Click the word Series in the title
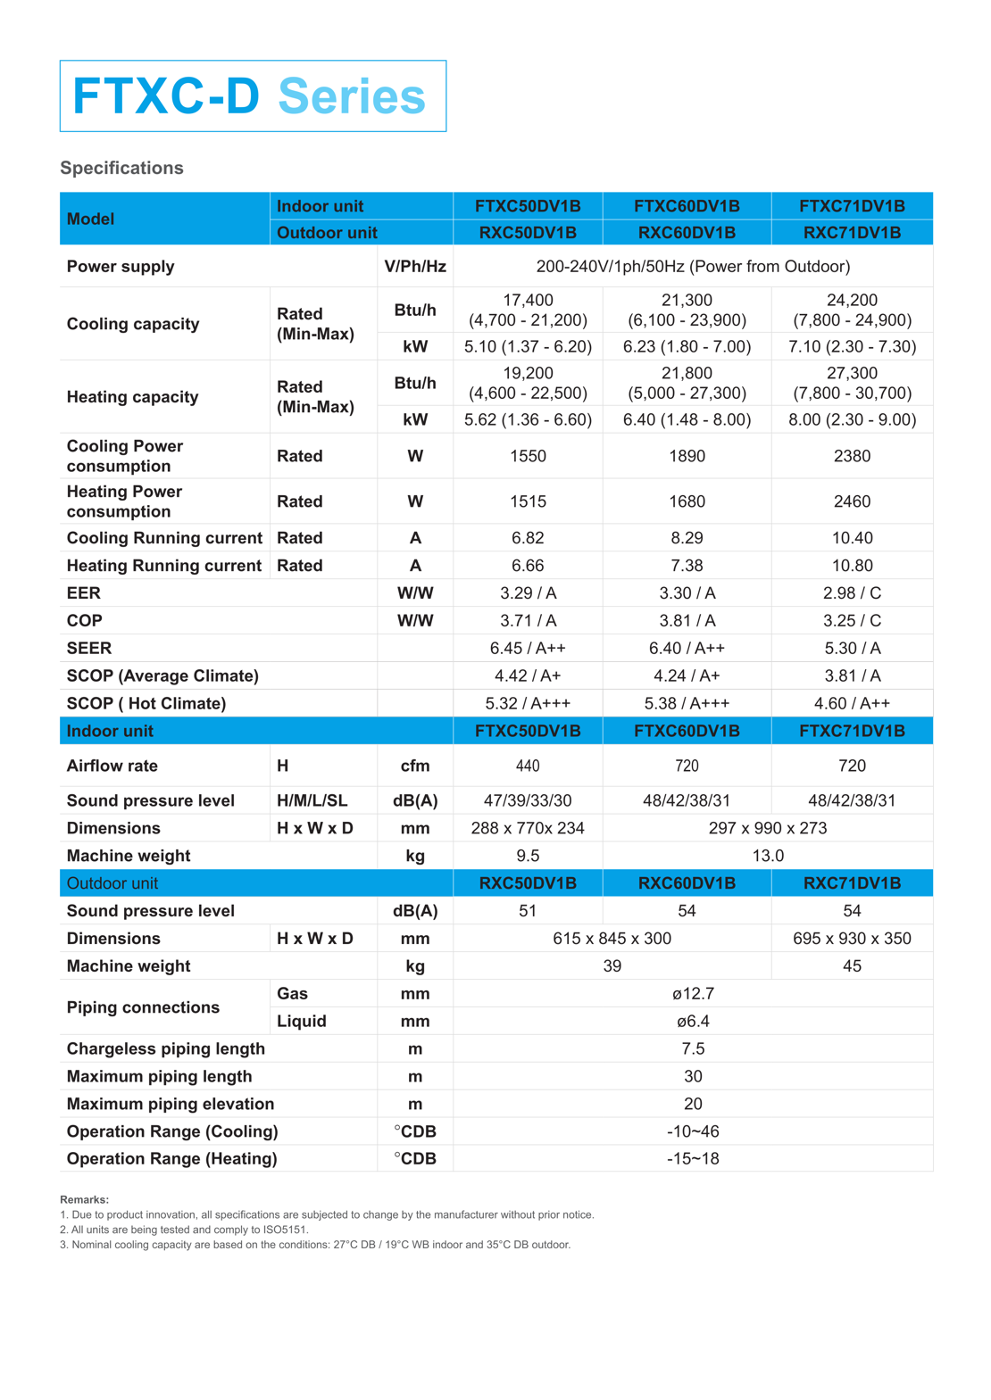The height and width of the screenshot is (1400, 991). point(352,96)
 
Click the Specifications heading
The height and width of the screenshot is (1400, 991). point(121,168)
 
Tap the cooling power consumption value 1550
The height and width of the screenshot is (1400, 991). point(528,456)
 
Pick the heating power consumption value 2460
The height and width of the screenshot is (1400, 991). point(852,501)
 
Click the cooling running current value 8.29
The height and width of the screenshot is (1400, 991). point(687,538)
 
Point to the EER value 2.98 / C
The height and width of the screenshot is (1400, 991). point(852,593)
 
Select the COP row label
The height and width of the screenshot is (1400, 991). point(85,620)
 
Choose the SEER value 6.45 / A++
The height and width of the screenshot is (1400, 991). point(528,648)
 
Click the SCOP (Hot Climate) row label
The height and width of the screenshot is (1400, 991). point(146,703)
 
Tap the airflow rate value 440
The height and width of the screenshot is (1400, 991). point(528,766)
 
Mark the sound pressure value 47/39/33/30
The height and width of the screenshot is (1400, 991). point(528,800)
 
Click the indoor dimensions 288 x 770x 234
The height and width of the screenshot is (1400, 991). point(528,828)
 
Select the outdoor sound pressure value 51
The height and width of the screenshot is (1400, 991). point(528,910)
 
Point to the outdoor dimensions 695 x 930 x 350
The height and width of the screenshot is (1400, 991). point(852,938)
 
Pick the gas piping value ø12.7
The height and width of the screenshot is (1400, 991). point(693,993)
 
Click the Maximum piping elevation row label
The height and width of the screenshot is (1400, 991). point(171,1104)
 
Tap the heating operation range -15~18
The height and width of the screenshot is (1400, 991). point(693,1158)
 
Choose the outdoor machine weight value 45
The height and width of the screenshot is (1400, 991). point(852,965)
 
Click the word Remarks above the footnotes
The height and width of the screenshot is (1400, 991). point(84,1199)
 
